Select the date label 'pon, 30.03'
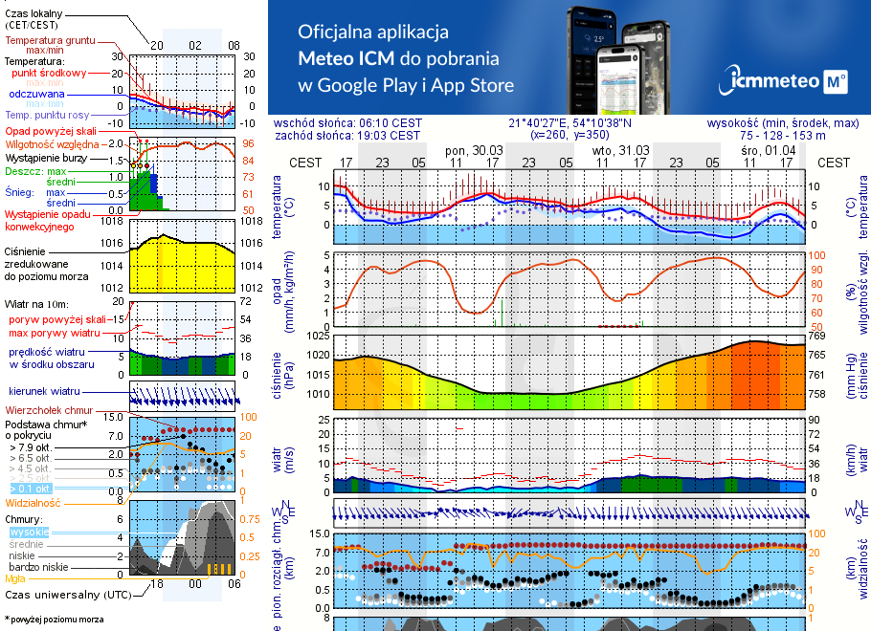[x=474, y=151]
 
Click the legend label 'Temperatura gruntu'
[x=50, y=41]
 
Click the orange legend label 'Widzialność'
[x=33, y=502]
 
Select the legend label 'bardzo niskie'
[x=37, y=567]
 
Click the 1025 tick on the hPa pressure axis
[x=317, y=336]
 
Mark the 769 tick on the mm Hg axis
[x=816, y=336]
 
